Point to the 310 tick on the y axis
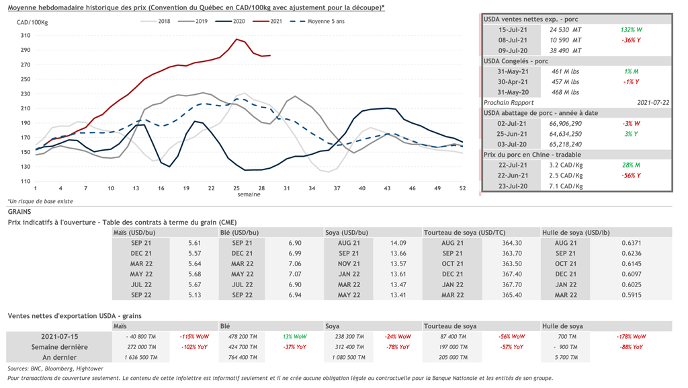pyautogui.click(x=26, y=35)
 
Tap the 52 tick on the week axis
pyautogui.click(x=462, y=188)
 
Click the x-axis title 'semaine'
pyautogui.click(x=248, y=194)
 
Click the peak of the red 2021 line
pyautogui.click(x=236, y=39)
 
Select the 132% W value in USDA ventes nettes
pyautogui.click(x=632, y=30)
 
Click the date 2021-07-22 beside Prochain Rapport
pyautogui.click(x=652, y=102)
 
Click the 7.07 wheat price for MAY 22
pyautogui.click(x=294, y=274)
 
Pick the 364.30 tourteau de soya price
pyautogui.click(x=512, y=243)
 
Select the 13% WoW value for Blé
pyautogui.click(x=294, y=336)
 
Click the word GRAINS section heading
pyautogui.click(x=19, y=212)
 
